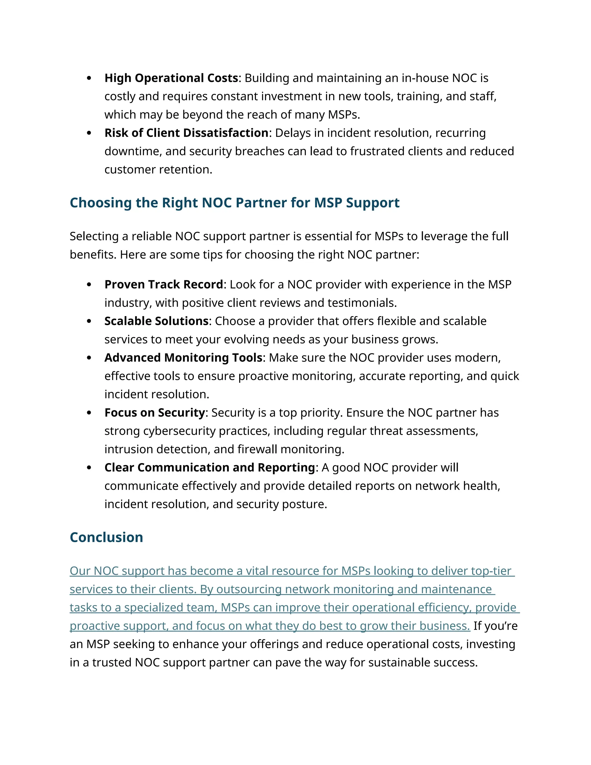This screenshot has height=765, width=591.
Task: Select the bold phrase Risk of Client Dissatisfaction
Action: pyautogui.click(x=186, y=133)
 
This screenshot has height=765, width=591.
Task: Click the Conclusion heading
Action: pyautogui.click(x=106, y=537)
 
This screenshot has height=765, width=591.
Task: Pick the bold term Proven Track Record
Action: pyautogui.click(x=164, y=284)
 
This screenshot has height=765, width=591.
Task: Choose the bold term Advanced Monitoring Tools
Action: pyautogui.click(x=183, y=358)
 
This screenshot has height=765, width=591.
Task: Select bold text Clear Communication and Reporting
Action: pyautogui.click(x=210, y=468)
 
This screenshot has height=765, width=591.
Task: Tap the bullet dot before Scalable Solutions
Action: pyautogui.click(x=89, y=321)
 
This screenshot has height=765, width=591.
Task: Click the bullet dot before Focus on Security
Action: pyautogui.click(x=89, y=413)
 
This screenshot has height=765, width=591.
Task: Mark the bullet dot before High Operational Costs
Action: pyautogui.click(x=89, y=78)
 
